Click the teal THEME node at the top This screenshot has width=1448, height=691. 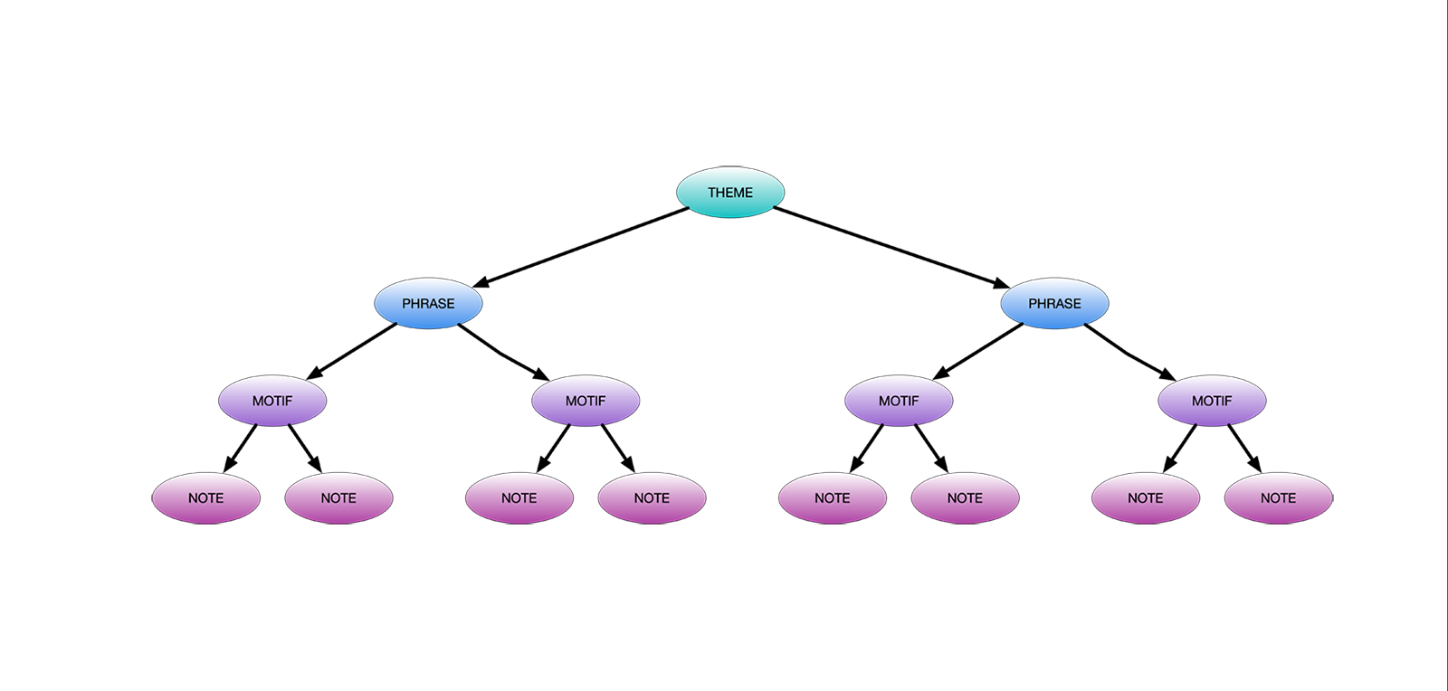point(730,193)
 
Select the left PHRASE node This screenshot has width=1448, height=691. point(428,304)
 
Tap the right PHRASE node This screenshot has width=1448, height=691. point(1054,304)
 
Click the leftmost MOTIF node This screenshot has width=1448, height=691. point(272,401)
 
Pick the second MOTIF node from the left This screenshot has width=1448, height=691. point(586,401)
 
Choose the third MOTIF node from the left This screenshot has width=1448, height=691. point(899,401)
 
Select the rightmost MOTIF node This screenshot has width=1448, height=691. point(1212,401)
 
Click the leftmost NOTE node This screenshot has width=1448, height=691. point(205,498)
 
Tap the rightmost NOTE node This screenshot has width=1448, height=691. point(1278,498)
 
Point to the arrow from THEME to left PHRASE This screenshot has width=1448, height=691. point(579,248)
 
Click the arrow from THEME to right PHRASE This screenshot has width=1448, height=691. point(891,248)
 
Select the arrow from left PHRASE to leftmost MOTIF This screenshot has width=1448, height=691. point(353,351)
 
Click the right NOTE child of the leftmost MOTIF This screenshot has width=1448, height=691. point(338,498)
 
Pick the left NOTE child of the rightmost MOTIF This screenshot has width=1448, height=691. point(1145,498)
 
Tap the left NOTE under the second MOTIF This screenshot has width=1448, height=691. point(519,498)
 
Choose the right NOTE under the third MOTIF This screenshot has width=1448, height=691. point(965,498)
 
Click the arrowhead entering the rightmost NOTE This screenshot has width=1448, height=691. point(1255,464)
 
